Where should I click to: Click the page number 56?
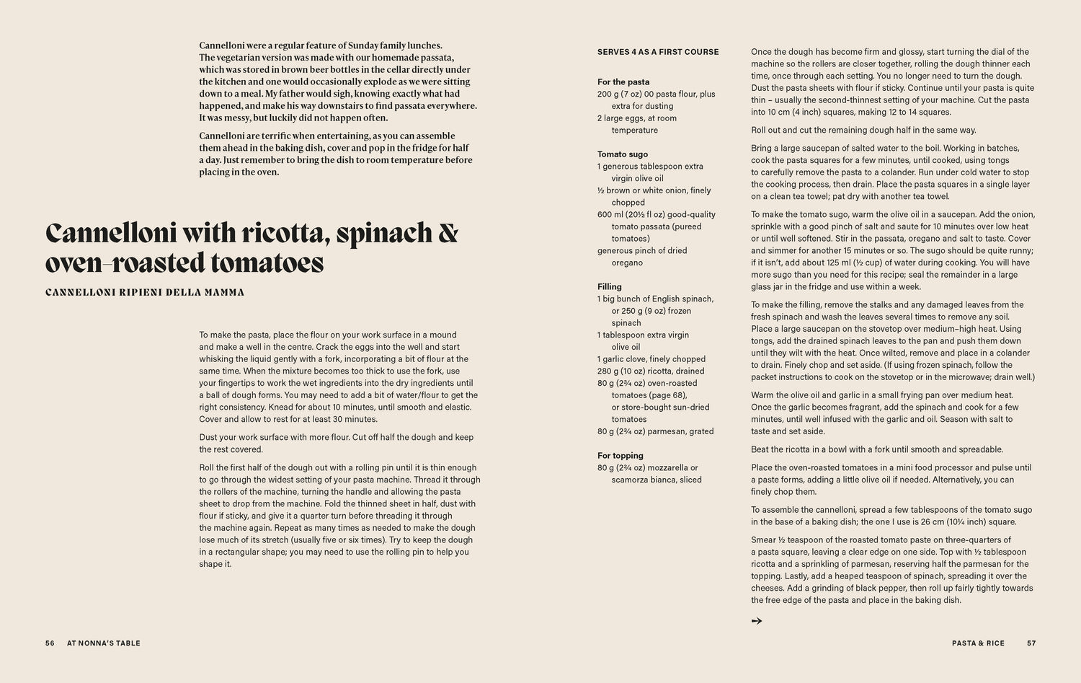click(x=50, y=643)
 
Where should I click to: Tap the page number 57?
click(x=1031, y=643)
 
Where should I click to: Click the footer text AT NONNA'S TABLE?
click(x=104, y=643)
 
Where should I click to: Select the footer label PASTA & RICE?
click(x=978, y=643)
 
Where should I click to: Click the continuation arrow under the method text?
click(x=757, y=620)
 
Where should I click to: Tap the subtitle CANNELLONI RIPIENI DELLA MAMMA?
click(x=145, y=293)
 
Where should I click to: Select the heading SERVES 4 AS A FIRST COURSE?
click(x=658, y=52)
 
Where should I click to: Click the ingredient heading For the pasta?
click(x=623, y=82)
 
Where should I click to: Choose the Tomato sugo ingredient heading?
click(x=623, y=154)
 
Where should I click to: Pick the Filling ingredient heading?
click(x=610, y=286)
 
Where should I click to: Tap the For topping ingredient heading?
click(x=620, y=455)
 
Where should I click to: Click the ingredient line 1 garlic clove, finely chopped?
click(x=651, y=359)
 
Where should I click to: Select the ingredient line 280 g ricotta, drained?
click(x=651, y=371)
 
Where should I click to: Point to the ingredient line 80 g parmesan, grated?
click(x=656, y=431)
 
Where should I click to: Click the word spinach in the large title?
click(x=383, y=234)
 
